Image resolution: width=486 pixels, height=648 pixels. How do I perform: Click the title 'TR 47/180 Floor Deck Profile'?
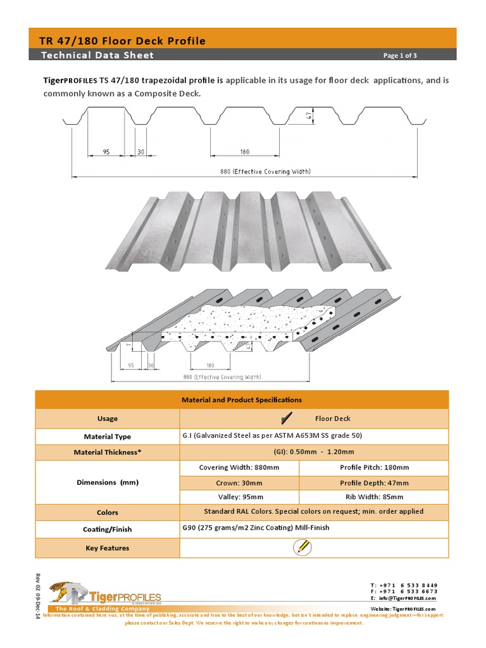123,41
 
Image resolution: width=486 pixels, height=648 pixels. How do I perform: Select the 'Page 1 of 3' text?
400,56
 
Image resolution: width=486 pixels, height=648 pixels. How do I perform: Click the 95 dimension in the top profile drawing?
106,152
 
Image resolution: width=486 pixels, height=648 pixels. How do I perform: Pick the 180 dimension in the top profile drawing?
244,152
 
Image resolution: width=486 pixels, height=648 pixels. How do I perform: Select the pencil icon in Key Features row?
302,547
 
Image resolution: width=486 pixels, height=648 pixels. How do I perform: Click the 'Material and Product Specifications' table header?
242,400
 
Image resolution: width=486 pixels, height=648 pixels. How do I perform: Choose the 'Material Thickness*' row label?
108,452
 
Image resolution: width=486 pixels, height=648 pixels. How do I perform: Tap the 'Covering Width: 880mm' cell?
239,468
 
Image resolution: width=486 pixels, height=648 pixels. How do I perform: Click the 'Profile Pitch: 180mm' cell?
373,468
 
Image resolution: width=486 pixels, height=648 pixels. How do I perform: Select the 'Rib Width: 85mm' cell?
373,497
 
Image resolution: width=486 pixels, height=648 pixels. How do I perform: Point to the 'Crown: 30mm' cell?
239,483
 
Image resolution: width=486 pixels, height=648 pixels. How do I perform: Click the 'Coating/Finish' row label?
108,530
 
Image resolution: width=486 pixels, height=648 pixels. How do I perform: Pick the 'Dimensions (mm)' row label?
108,482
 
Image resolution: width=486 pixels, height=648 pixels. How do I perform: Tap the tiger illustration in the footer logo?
63,592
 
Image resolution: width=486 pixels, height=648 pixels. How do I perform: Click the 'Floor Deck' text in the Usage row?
333,418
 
